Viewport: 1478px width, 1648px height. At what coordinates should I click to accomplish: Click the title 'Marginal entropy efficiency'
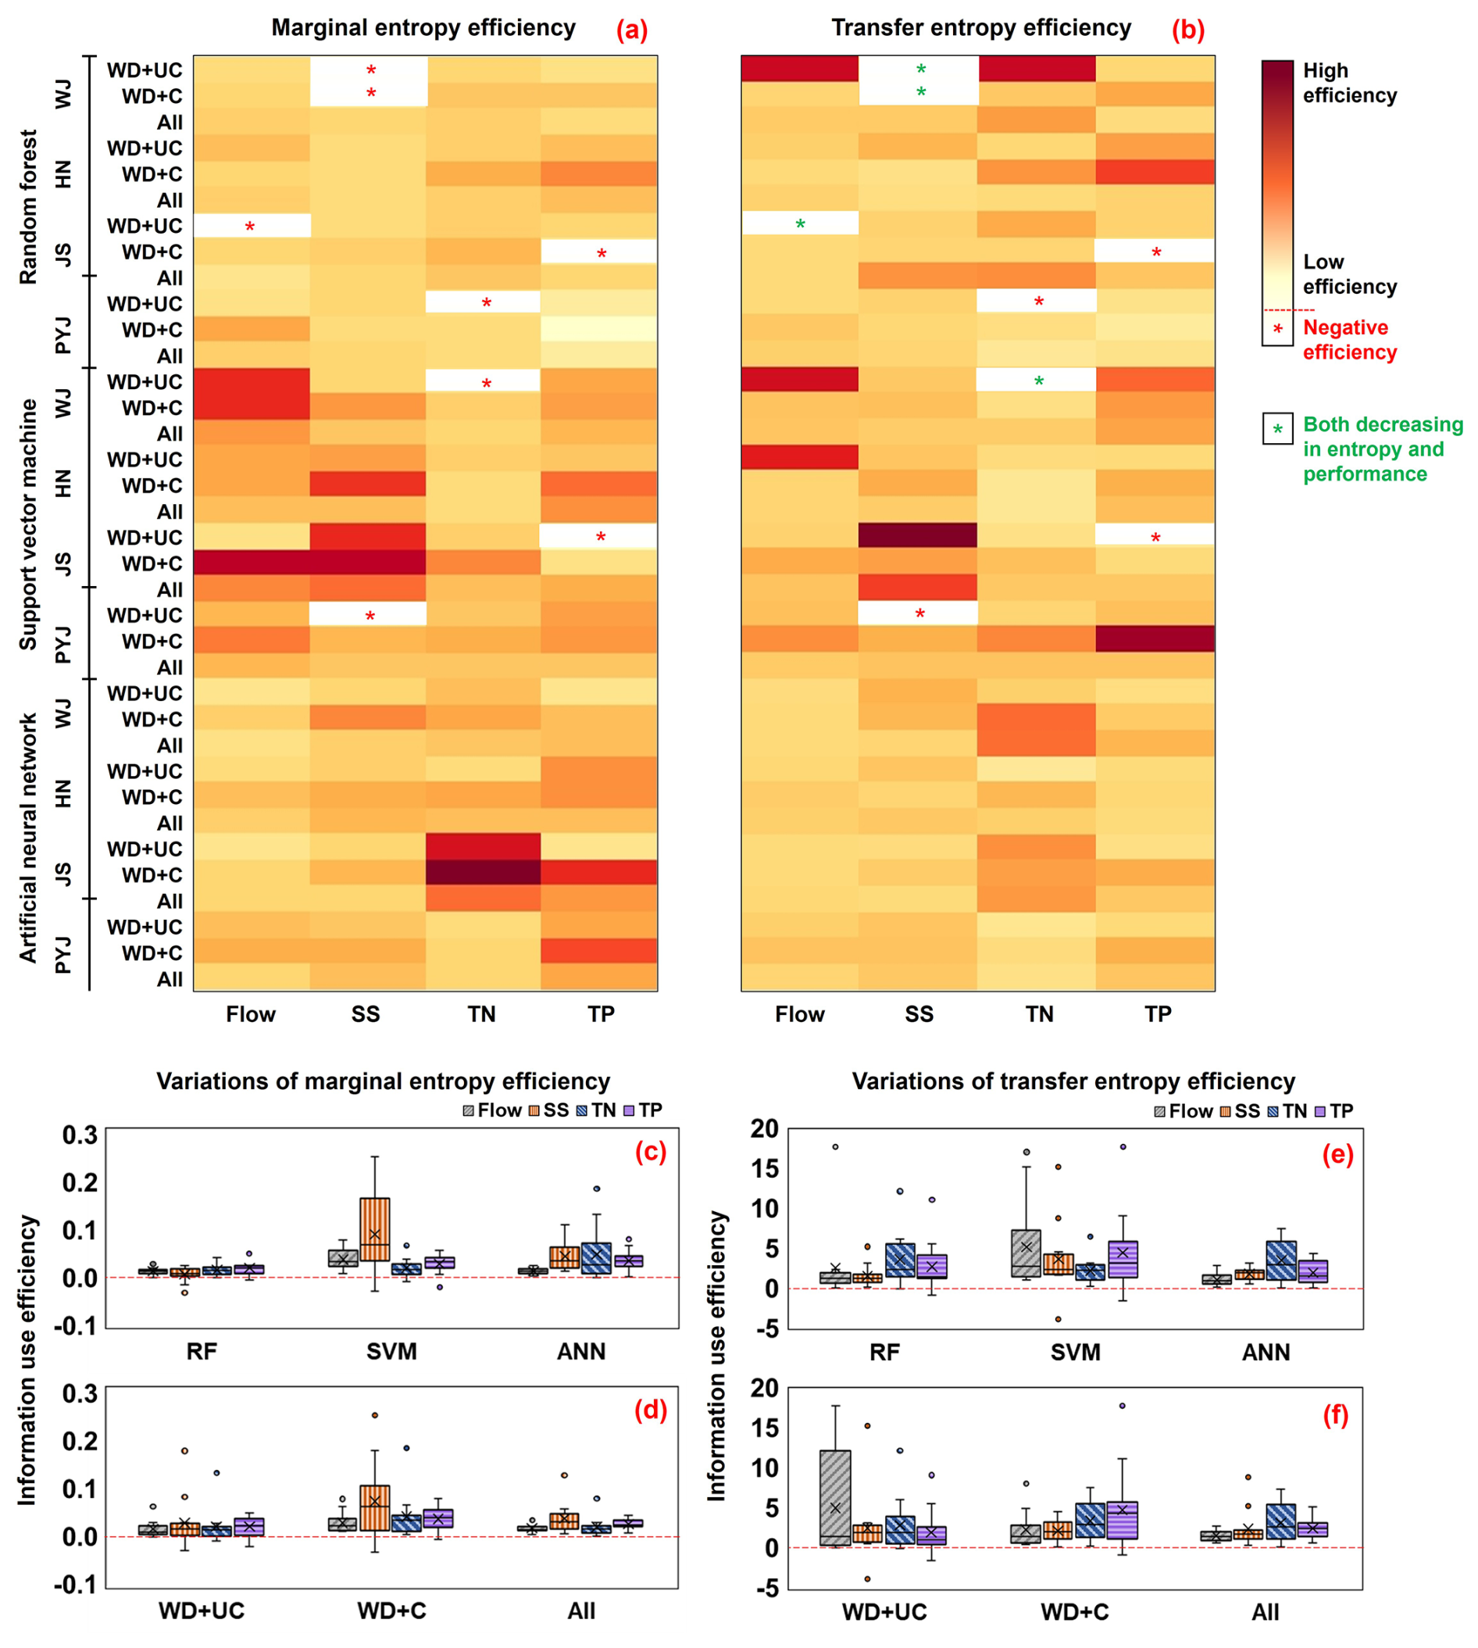423,27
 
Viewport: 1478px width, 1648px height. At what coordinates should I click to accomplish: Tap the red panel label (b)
1187,30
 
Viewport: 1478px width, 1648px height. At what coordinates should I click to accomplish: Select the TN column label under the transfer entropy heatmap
1039,1013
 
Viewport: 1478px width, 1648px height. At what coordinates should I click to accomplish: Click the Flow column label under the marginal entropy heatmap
250,1013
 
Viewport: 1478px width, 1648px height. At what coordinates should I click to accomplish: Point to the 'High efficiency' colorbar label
1349,83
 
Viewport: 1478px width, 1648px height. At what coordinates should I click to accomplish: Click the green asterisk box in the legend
1277,429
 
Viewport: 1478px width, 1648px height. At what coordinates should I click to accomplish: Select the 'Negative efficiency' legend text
1349,339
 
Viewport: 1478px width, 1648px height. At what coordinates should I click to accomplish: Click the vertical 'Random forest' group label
28,207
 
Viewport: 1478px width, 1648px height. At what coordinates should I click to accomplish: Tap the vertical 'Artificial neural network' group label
28,838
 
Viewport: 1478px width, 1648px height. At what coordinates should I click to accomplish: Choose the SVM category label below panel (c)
391,1352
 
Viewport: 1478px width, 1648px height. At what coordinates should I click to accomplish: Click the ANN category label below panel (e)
1266,1353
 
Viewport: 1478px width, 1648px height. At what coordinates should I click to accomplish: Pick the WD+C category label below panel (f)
1074,1611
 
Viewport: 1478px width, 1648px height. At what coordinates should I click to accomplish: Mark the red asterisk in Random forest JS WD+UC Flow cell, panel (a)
250,227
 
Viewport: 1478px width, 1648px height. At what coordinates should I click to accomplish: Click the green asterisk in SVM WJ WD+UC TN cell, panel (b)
1039,381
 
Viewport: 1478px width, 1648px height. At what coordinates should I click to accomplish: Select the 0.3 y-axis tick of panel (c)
80,1135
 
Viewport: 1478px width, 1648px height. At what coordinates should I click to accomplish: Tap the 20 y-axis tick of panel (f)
764,1387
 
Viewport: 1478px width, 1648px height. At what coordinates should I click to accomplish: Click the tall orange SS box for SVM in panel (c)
374,1229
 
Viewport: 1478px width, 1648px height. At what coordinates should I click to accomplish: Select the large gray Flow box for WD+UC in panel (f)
835,1498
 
